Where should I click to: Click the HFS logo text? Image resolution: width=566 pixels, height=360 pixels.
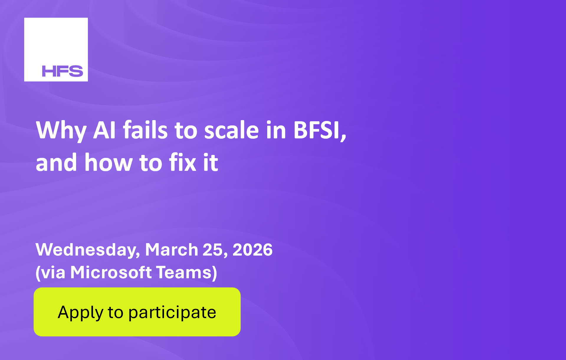point(63,71)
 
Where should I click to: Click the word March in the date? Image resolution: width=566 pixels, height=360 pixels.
point(171,250)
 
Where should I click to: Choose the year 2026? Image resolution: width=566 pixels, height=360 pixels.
point(252,250)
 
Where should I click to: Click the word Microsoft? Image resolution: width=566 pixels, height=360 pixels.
point(111,272)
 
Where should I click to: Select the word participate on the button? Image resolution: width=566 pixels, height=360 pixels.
point(172,312)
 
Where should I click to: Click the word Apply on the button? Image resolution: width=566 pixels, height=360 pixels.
point(81,312)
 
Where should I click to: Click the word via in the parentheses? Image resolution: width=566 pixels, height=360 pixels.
point(53,272)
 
